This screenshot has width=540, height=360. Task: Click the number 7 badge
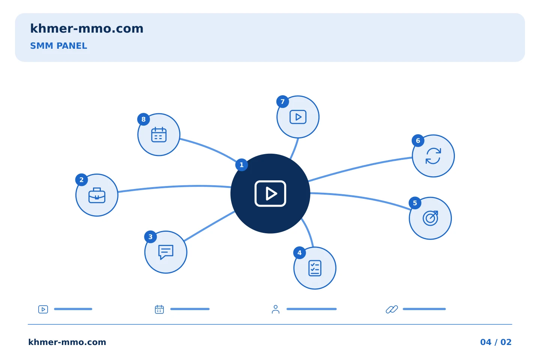click(x=282, y=102)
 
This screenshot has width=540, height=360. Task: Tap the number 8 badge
click(x=143, y=119)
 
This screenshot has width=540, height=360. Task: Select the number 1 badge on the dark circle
click(x=241, y=165)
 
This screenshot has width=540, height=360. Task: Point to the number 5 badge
click(x=415, y=203)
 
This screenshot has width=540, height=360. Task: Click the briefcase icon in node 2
click(x=97, y=195)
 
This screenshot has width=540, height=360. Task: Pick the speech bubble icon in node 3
click(x=166, y=252)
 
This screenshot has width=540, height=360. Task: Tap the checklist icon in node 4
click(x=315, y=268)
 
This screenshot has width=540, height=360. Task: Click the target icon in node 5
click(x=430, y=218)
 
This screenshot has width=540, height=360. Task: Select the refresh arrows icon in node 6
click(x=433, y=156)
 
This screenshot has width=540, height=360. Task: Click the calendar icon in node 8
click(x=159, y=135)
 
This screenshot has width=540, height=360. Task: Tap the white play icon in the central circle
click(x=270, y=193)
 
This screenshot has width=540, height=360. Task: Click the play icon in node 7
click(x=298, y=117)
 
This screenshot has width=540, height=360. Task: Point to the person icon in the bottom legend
click(x=276, y=309)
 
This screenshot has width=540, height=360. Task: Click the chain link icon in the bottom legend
click(x=392, y=309)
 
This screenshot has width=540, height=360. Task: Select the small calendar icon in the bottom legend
click(x=159, y=309)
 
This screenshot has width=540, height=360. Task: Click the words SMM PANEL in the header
click(x=58, y=46)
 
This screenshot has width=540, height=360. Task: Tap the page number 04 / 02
click(x=496, y=342)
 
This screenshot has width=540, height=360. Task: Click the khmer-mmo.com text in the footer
click(x=67, y=342)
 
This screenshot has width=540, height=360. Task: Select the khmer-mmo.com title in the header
click(x=87, y=28)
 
